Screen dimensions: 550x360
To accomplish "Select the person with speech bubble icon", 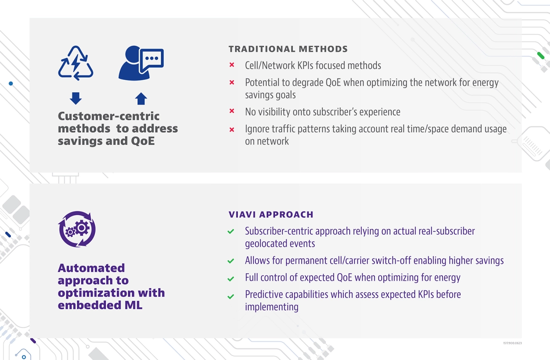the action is tap(141, 63).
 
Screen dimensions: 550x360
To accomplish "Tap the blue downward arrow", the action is tap(76, 98).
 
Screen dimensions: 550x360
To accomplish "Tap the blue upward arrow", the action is tap(141, 99).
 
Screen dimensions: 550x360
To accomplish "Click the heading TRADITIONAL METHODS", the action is tap(288, 49).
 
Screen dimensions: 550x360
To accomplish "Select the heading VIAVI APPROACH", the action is tap(271, 215).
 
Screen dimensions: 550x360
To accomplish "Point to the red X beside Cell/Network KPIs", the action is tap(232, 65).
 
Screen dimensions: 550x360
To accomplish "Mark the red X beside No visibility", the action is tap(232, 111).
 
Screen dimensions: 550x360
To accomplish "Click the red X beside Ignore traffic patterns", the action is tap(232, 129).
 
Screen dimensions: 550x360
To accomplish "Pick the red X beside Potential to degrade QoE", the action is tap(232, 83).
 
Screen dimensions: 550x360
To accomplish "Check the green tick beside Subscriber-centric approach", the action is tap(231, 231).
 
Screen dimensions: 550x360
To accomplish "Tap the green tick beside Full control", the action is tap(231, 279).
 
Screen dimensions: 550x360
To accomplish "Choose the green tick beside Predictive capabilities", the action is tap(231, 296).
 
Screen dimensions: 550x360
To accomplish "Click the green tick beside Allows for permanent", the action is tap(231, 261).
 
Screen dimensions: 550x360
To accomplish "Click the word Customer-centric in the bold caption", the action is tap(109, 116).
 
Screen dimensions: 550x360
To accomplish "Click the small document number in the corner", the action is tap(512, 343).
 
